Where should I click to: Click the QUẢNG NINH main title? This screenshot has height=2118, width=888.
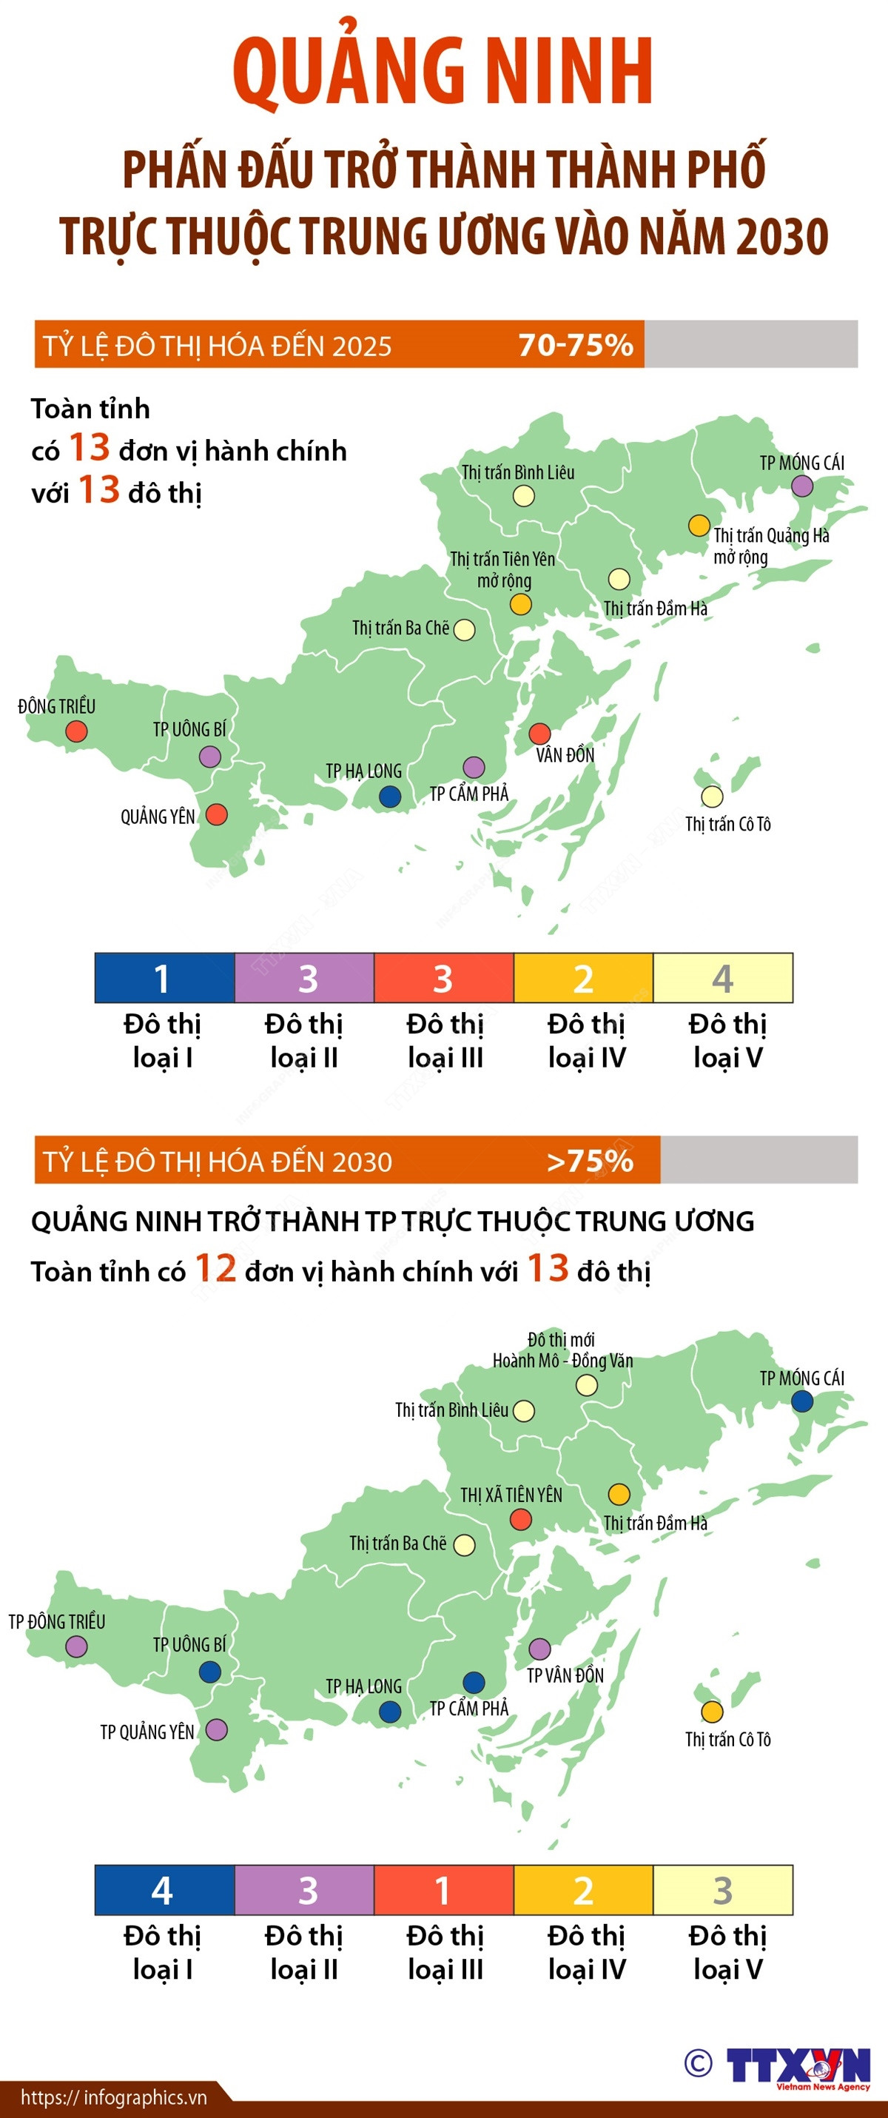(443, 73)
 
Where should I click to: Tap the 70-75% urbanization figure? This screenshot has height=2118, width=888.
(576, 344)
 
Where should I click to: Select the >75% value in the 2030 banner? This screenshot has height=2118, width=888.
(590, 1160)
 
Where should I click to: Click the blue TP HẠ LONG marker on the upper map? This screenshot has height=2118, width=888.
(390, 796)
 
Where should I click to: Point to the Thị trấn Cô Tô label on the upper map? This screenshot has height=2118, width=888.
(727, 824)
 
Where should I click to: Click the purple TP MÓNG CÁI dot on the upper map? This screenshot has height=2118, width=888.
(801, 486)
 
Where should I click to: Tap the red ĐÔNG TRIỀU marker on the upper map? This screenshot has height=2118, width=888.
(76, 731)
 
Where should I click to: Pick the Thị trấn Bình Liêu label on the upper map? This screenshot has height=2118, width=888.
(518, 472)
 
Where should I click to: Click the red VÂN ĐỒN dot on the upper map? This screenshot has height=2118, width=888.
(539, 734)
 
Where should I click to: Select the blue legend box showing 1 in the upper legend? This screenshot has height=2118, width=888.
(164, 978)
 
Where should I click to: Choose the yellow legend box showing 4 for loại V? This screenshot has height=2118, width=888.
(723, 978)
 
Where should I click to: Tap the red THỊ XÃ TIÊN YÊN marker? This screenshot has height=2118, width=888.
(520, 1519)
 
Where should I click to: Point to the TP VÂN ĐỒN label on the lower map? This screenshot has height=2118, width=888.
(565, 1675)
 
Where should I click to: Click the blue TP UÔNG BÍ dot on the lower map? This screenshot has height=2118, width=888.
(209, 1672)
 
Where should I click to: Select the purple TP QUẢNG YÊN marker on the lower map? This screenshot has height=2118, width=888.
(216, 1730)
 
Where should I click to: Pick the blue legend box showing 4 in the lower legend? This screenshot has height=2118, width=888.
(164, 1890)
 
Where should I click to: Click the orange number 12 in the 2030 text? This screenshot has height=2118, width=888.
(215, 1268)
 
